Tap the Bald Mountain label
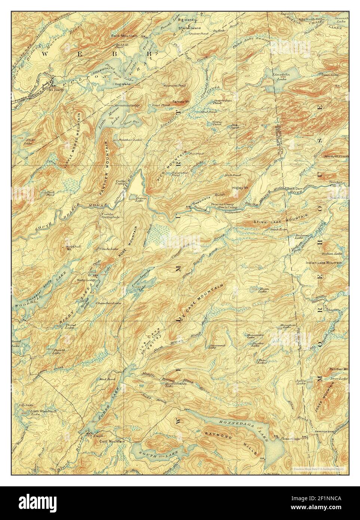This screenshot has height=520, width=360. point(124,36)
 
